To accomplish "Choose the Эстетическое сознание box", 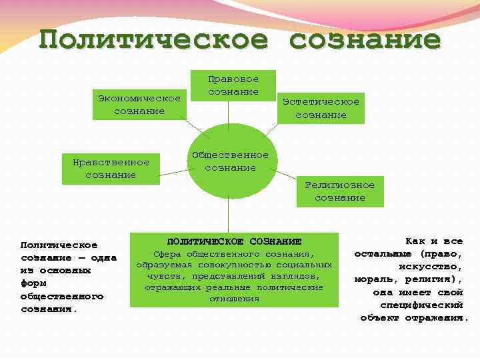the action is click(x=321, y=108).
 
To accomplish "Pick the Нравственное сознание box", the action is click(x=111, y=168).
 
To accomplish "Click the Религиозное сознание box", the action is click(x=339, y=191).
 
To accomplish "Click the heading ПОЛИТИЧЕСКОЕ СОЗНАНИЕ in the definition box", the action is click(x=234, y=241).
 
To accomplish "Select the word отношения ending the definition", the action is click(x=234, y=298).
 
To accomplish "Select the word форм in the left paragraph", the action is click(x=33, y=283).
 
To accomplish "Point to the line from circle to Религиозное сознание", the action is click(x=287, y=175).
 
